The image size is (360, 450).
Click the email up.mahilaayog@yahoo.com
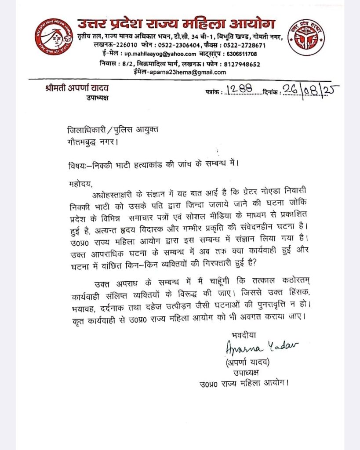(160, 54)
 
